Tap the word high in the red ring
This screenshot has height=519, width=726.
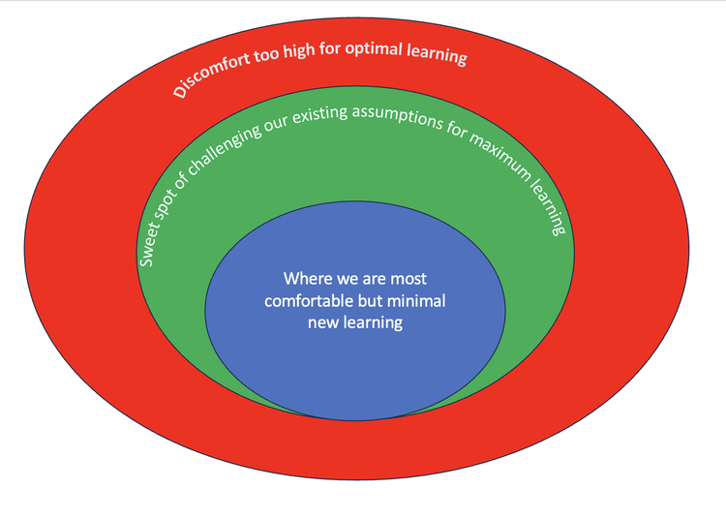(x=299, y=49)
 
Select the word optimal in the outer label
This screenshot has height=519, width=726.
(x=374, y=48)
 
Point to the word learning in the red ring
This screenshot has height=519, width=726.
(x=438, y=54)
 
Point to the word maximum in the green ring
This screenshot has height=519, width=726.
(x=500, y=156)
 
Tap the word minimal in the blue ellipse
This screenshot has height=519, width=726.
(x=416, y=301)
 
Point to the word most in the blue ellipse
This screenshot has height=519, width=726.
(x=408, y=279)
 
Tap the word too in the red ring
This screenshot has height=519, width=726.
(x=267, y=54)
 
